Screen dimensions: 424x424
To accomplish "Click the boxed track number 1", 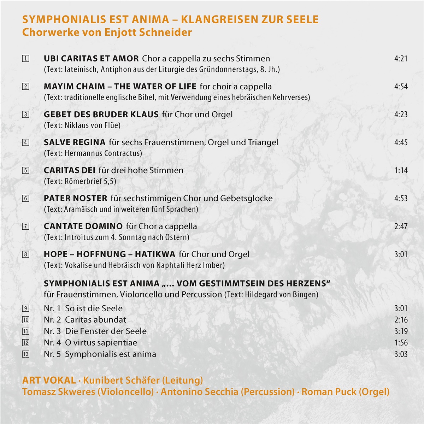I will tap(25, 59).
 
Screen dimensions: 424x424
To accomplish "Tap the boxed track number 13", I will tap(25, 354).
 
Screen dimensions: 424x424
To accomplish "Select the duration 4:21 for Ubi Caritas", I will tap(401, 59).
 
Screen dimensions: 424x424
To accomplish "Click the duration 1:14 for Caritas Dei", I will tap(401, 170).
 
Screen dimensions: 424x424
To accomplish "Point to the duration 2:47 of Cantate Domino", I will tap(401, 226).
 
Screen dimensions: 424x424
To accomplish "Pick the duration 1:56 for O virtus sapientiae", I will tap(401, 343).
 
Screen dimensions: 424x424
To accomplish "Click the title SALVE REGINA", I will tap(75, 142).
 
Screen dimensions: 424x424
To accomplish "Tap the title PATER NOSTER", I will tap(75, 198).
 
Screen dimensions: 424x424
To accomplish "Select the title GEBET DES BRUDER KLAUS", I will tap(101, 114).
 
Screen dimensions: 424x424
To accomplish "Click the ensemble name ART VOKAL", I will tap(49, 380).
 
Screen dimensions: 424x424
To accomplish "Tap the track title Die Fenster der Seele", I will tap(106, 331).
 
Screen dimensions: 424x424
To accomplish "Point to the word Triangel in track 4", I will tap(263, 142).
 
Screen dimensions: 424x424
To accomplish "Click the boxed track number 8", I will tap(25, 254).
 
